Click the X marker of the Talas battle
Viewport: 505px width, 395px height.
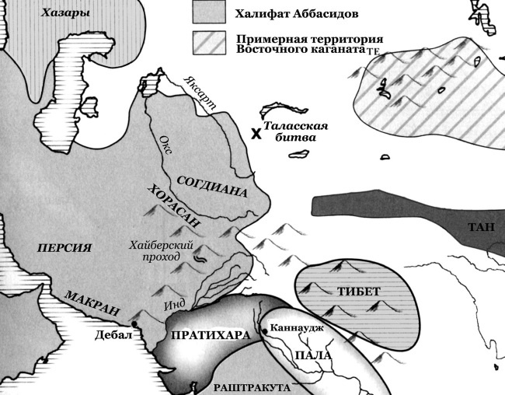(x=254, y=133)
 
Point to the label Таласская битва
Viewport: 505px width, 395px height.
(x=295, y=132)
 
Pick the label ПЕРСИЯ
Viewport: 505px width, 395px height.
(x=64, y=248)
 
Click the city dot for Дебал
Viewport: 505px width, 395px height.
(x=134, y=323)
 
